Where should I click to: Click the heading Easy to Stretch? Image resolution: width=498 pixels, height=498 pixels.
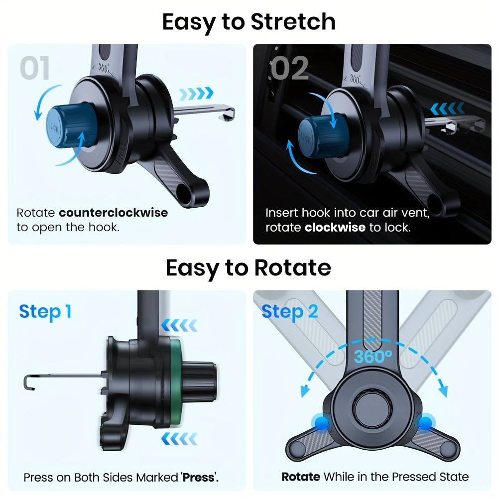(x=249, y=22)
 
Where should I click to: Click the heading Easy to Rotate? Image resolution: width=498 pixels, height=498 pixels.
(x=248, y=268)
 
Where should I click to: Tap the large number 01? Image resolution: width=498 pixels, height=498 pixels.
(x=35, y=68)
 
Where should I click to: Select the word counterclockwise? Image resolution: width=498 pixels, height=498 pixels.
(x=114, y=213)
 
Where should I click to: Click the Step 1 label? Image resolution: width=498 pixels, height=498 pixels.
(x=45, y=312)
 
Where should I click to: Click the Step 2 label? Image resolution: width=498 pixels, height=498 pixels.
(x=289, y=312)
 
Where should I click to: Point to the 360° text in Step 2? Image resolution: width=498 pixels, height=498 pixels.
(x=373, y=357)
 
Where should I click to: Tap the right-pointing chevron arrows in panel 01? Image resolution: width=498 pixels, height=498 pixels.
(x=196, y=93)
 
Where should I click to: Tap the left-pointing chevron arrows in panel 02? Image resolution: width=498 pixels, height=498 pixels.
(x=447, y=108)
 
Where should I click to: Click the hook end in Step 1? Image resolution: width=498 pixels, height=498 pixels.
(x=27, y=382)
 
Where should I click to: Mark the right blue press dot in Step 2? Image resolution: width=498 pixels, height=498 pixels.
(x=425, y=423)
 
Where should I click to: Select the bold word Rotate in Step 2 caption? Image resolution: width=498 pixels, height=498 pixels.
(x=300, y=477)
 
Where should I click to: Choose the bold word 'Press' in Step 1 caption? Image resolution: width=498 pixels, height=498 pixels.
(x=199, y=477)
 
